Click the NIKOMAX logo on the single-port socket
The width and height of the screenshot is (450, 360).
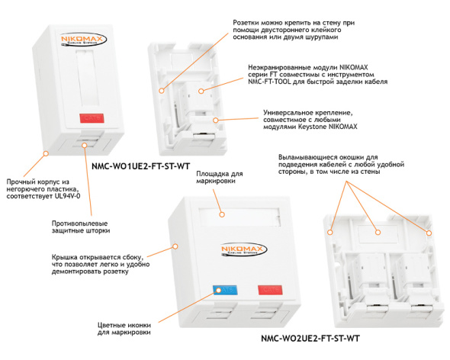pyautogui.click(x=83, y=40)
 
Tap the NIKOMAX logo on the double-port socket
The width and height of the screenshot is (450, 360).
pyautogui.click(x=244, y=249)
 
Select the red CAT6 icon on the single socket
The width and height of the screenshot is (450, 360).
pyautogui.click(x=92, y=118)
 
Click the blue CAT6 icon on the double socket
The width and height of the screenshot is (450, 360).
pyautogui.click(x=225, y=290)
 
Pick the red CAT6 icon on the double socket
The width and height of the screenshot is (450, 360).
pyautogui.click(x=270, y=290)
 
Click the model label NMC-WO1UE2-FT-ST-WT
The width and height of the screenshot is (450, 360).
pyautogui.click(x=140, y=166)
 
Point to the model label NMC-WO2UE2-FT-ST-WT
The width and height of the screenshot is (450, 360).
pyautogui.click(x=310, y=339)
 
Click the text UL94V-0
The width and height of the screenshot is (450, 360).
pyautogui.click(x=67, y=196)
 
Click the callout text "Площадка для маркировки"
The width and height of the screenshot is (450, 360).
pyautogui.click(x=220, y=178)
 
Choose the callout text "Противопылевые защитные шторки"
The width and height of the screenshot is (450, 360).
pyautogui.click(x=81, y=227)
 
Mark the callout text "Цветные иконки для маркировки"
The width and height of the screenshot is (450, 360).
pyautogui.click(x=124, y=329)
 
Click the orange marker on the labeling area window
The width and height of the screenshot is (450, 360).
pyautogui.click(x=221, y=214)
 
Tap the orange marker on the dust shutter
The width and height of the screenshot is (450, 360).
pyautogui.click(x=84, y=145)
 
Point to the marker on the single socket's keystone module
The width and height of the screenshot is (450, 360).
pyautogui.click(x=201, y=91)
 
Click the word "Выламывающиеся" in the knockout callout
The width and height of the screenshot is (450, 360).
pyautogui.click(x=307, y=157)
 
